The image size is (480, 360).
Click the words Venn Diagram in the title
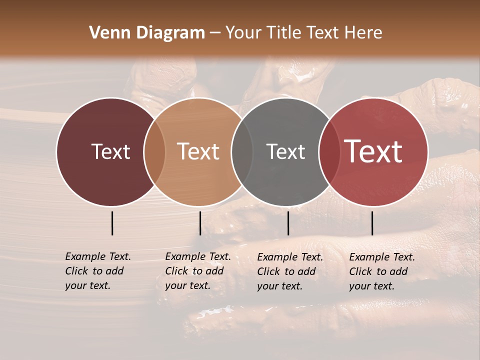[x=147, y=33]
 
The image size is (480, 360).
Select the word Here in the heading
[x=363, y=33]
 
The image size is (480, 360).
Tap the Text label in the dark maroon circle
[x=110, y=151]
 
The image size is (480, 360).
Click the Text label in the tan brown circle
[x=198, y=151]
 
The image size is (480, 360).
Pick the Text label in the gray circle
[x=285, y=151]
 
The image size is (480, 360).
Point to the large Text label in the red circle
[x=373, y=151]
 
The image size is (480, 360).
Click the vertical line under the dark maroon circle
[x=112, y=223]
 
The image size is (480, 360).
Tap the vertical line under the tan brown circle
[x=200, y=223]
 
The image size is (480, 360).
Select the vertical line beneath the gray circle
[x=288, y=223]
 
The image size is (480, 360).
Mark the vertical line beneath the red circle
[x=372, y=223]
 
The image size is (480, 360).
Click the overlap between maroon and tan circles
[x=154, y=151]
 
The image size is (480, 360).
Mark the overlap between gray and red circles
[x=327, y=151]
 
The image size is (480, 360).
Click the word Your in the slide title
[x=244, y=33]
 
